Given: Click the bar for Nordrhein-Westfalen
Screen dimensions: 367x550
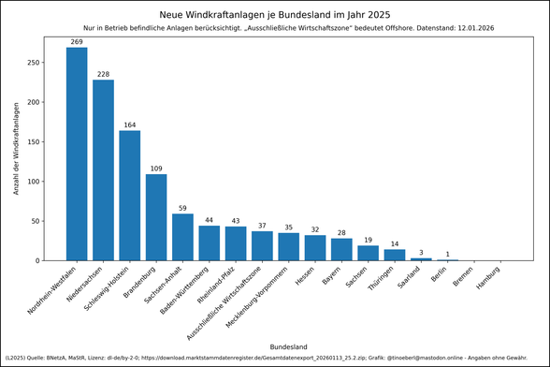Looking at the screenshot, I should pos(77,154).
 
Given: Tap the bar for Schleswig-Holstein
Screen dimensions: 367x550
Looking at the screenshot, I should pos(130,196).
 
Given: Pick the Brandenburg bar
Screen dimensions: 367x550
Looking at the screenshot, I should pos(156,217).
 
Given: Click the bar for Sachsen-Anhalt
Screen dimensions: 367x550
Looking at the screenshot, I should pos(182,237).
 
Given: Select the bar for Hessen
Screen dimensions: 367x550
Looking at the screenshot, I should pos(315,248).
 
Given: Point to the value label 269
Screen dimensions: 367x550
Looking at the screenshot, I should pos(77,41).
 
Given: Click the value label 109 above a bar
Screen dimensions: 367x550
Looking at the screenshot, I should pos(156,169).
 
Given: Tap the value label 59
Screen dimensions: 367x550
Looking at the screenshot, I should pos(182,208).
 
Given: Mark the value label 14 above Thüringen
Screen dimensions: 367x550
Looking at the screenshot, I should pos(395,243).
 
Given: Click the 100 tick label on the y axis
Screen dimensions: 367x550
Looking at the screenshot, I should pos(34,182).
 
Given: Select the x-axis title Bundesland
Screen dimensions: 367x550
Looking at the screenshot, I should pos(288,346).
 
